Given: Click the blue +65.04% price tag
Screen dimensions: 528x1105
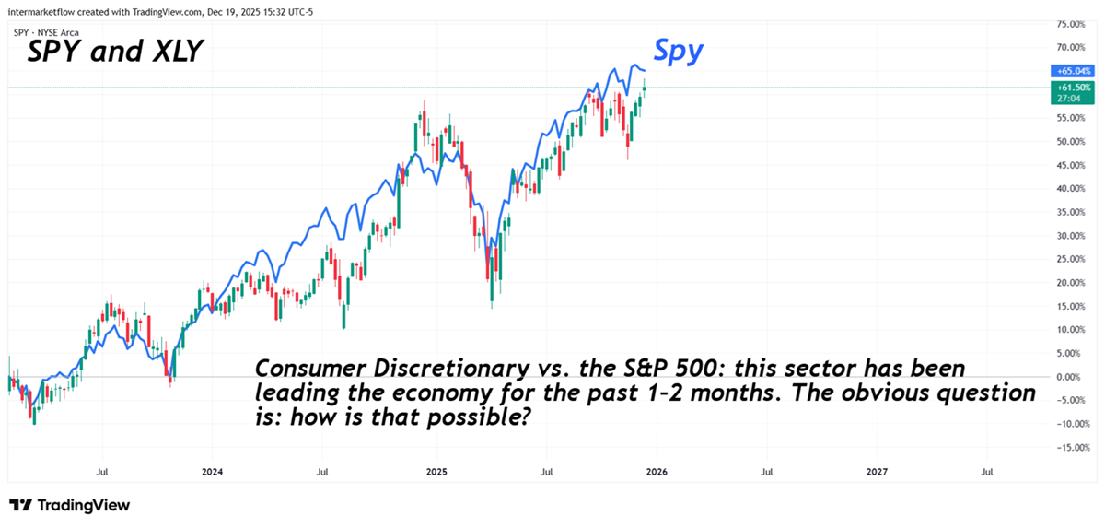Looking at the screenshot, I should point(1071,70).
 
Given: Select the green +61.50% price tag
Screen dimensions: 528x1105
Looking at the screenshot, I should point(1071,86).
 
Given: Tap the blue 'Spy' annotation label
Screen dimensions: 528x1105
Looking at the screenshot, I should point(679,51).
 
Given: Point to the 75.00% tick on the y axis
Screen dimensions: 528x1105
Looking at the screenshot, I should point(1071,23).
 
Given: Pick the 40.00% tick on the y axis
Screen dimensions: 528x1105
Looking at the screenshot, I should point(1071,188).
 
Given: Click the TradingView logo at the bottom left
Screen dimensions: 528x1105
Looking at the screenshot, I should point(70,505).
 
